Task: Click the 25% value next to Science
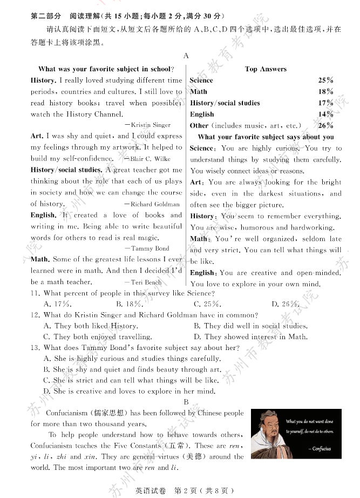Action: (325, 80)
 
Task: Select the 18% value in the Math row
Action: (325, 92)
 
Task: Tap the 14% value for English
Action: (325, 115)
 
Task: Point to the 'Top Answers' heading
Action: (266, 69)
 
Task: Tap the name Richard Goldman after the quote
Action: (155, 204)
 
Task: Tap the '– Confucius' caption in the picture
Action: (319, 449)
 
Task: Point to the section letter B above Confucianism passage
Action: (186, 401)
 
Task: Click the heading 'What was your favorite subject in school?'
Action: (106, 69)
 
